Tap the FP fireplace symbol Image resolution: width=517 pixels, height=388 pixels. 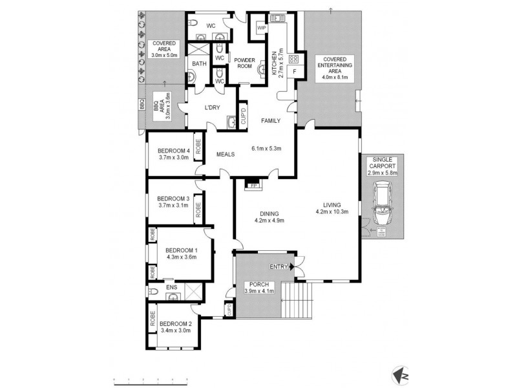(251, 186)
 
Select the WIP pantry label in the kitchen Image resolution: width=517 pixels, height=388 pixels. (262, 28)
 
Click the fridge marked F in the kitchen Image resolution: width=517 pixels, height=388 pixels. (295, 70)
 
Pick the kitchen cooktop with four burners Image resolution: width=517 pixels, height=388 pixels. (283, 58)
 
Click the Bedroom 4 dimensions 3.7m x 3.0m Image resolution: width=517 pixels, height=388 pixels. (173, 156)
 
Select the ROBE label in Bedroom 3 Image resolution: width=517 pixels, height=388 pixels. (198, 210)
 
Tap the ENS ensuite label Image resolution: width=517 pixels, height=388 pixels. (172, 287)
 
